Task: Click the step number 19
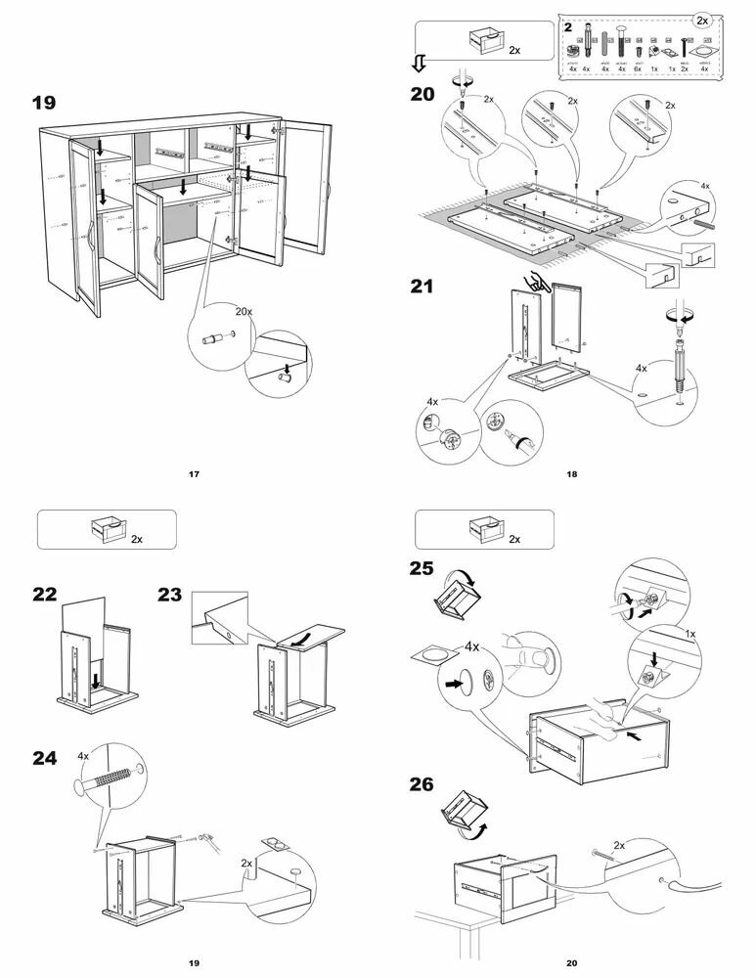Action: click(44, 102)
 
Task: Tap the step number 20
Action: click(422, 95)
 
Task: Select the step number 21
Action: click(422, 287)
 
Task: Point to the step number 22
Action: click(44, 594)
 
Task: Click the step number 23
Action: click(170, 594)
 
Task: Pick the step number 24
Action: click(44, 757)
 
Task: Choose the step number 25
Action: click(422, 567)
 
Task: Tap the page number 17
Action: click(194, 475)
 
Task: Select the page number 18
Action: click(572, 475)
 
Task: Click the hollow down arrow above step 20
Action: click(418, 65)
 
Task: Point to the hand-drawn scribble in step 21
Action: click(536, 283)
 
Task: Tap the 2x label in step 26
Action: click(619, 845)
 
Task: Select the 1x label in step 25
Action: click(689, 634)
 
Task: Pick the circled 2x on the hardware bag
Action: click(701, 20)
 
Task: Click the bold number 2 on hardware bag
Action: click(568, 26)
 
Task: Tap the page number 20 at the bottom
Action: click(572, 963)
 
